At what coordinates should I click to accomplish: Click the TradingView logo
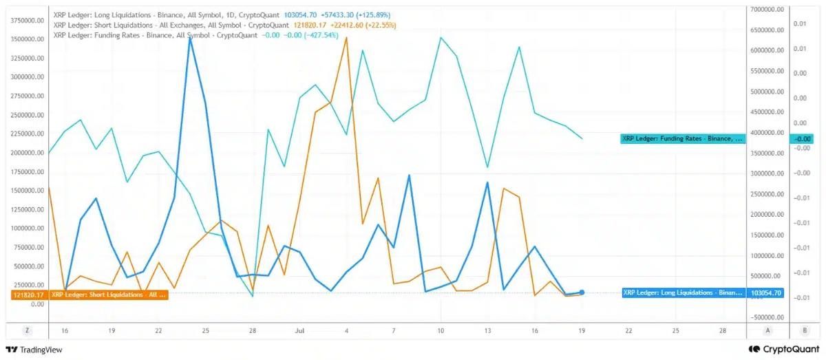(34, 350)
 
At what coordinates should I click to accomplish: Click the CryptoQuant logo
(784, 349)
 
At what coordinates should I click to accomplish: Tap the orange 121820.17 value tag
(29, 295)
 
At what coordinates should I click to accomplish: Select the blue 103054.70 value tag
(766, 293)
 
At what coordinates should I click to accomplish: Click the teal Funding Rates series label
(683, 138)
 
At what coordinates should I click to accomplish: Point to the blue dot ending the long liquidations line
(582, 293)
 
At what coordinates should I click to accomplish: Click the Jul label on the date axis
(299, 331)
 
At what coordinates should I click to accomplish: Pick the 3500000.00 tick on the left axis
(28, 39)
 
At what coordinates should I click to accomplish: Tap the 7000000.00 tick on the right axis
(767, 10)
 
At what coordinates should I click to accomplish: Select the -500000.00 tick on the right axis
(767, 317)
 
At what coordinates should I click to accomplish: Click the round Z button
(27, 330)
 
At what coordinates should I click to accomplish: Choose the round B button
(805, 330)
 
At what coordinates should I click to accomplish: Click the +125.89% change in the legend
(373, 15)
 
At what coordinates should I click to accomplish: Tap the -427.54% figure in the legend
(321, 35)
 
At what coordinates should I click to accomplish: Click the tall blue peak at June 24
(190, 38)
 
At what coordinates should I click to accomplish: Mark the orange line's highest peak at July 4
(346, 38)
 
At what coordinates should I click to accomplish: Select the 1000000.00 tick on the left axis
(28, 229)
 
